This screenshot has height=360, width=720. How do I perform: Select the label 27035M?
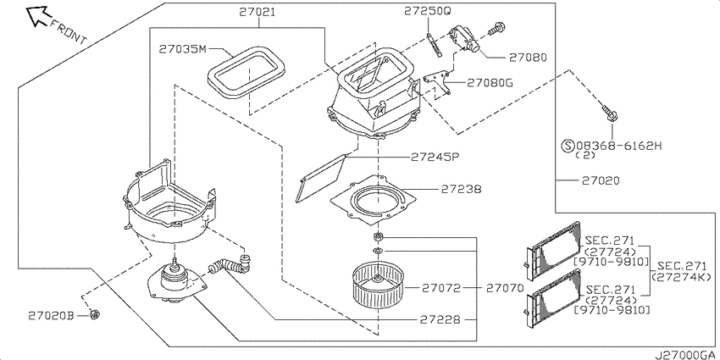pos(182,49)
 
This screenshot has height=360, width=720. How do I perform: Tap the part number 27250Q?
pos(428,11)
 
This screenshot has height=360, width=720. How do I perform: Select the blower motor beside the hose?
pos(174,285)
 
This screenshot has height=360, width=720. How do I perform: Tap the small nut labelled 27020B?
pos(96,315)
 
